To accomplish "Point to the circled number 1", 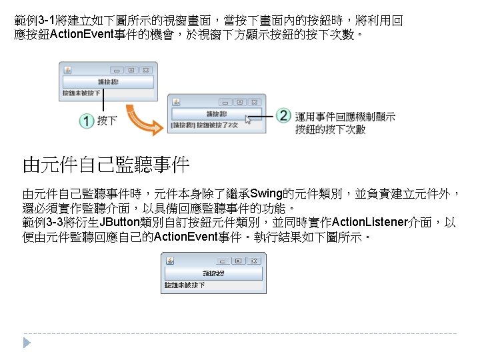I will point(86,121).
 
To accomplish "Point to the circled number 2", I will point(283,115).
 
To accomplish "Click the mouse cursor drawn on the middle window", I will point(249,120).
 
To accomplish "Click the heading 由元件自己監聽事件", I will point(107,163).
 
